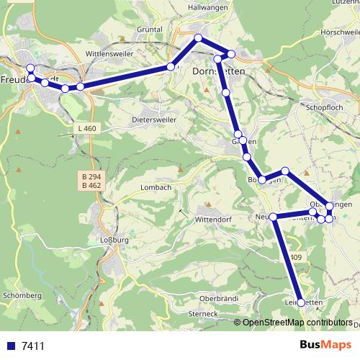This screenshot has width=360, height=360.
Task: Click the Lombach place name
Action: pos(155,187)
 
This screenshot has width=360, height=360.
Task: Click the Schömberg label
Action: pos(23,295)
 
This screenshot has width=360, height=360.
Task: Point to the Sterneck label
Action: pos(202,314)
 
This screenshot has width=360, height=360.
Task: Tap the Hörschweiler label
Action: pos(341,32)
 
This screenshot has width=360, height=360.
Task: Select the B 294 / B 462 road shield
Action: pos(90,181)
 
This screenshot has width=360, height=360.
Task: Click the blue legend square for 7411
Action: pos(10,346)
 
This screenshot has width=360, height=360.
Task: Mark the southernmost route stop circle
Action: pos(301,303)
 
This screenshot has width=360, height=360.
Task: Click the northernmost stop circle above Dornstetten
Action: pos(198,37)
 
